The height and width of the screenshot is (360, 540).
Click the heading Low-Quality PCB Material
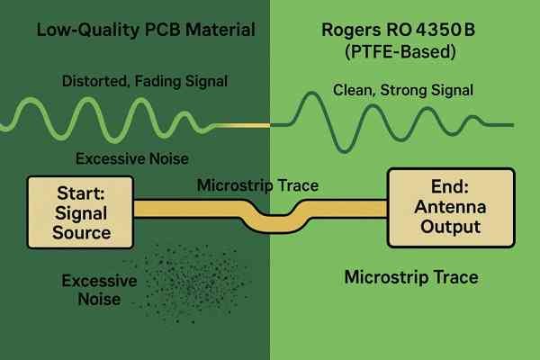[146, 30]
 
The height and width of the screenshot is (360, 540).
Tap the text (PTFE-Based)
[400, 51]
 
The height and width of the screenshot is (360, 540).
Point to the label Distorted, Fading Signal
[145, 81]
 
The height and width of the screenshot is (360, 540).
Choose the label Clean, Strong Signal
[403, 90]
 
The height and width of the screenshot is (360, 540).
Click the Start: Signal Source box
[81, 212]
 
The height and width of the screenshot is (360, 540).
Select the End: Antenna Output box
[451, 208]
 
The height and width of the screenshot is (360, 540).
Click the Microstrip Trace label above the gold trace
[257, 185]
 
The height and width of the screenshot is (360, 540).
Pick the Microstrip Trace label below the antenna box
[411, 277]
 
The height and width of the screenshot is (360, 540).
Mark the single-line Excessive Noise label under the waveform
[132, 158]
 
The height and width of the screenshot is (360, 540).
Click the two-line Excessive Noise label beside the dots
[99, 290]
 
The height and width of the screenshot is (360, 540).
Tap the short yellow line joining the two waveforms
[243, 125]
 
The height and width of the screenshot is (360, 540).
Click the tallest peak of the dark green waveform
[311, 94]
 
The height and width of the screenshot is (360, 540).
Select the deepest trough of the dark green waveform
[345, 150]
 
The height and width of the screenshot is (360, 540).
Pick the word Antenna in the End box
[451, 207]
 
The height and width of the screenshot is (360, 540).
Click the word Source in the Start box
[82, 232]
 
